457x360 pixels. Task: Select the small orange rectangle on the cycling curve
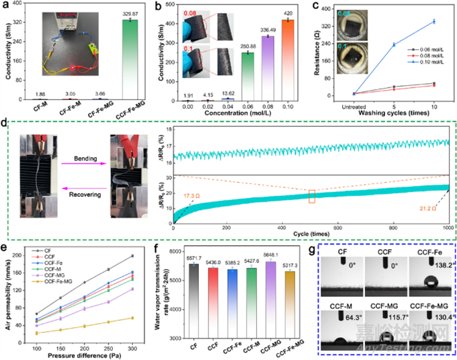(x=311, y=196)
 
